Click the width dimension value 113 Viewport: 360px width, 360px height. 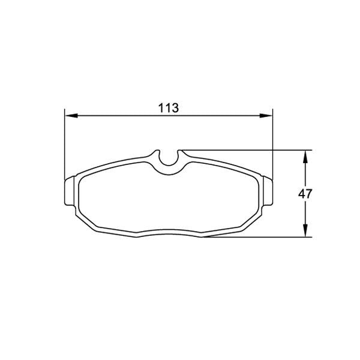[x=169, y=108]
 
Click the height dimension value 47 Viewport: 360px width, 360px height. [x=305, y=193]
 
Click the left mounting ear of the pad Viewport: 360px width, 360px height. [x=68, y=191]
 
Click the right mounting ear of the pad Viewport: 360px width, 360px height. [x=268, y=191]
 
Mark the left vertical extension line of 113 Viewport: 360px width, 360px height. [x=64, y=144]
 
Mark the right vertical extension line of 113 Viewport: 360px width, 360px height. [x=272, y=144]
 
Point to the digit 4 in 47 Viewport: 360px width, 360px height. [x=302, y=193]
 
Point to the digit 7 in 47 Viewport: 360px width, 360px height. [x=310, y=193]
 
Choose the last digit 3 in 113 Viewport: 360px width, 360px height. [x=176, y=108]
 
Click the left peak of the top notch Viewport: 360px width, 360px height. [x=157, y=151]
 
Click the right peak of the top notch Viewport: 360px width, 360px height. [x=178, y=151]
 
